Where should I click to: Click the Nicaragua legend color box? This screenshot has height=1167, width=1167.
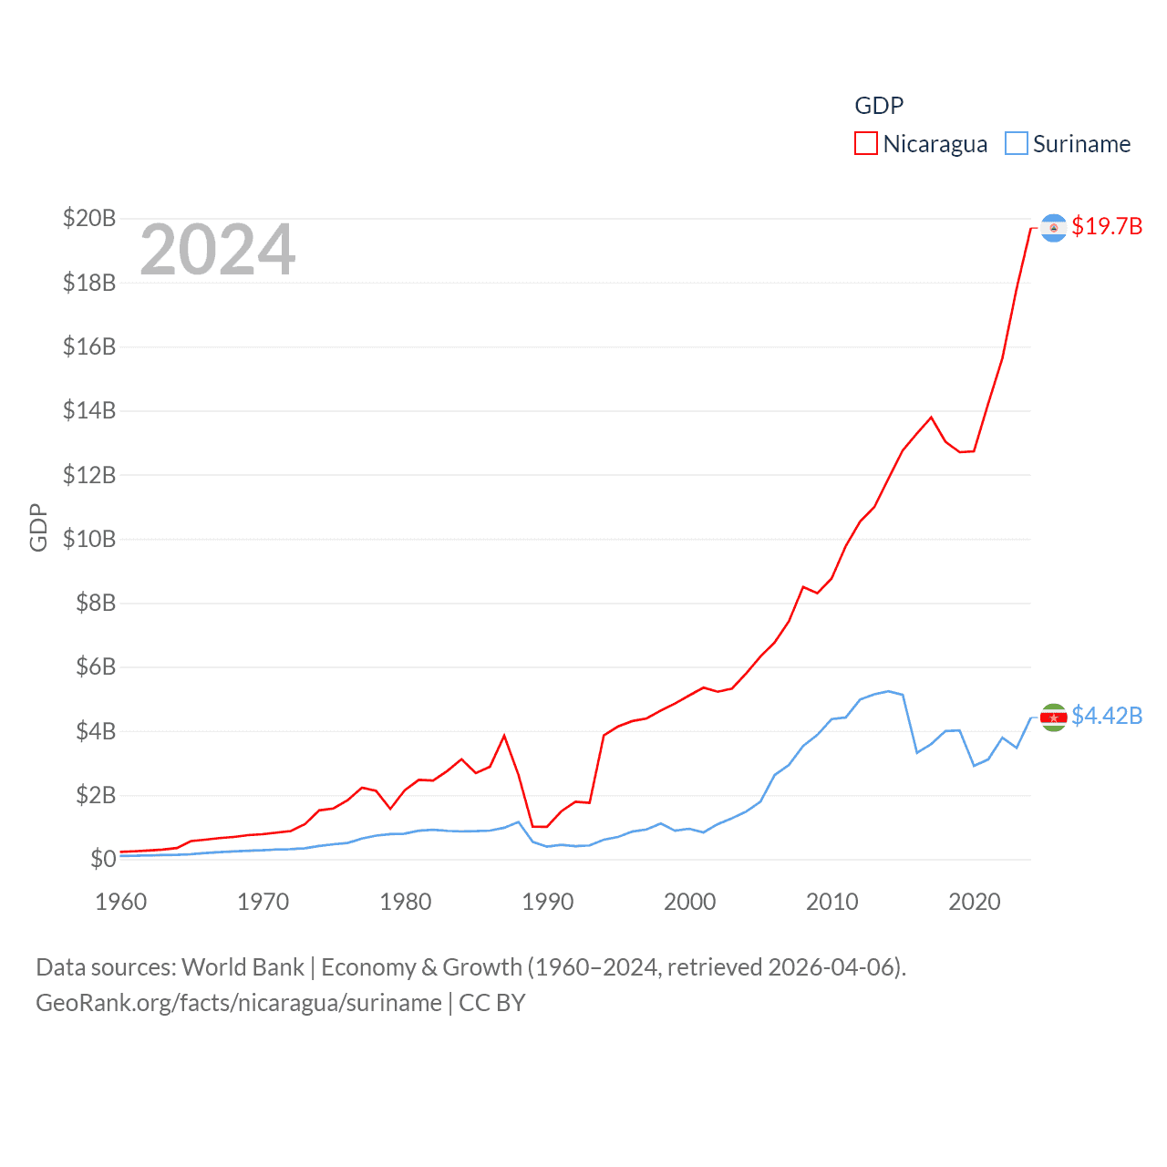point(865,144)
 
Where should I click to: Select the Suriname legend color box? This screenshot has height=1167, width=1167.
point(1016,144)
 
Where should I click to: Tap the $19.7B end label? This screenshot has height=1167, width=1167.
point(1107,226)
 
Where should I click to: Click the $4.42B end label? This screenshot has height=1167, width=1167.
point(1107,716)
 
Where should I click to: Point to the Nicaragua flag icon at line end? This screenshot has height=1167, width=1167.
point(1054,228)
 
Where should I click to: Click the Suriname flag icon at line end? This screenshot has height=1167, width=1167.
point(1054,718)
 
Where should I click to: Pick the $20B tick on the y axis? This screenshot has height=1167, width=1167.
point(89,218)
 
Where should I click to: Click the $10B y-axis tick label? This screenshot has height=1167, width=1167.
point(89,539)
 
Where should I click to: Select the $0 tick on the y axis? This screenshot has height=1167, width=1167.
point(103,859)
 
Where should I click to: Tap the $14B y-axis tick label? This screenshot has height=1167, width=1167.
point(89,410)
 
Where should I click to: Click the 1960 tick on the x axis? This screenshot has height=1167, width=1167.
point(121,902)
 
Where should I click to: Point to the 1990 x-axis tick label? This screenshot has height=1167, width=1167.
point(548,902)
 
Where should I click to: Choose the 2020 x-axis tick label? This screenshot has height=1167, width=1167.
point(975,902)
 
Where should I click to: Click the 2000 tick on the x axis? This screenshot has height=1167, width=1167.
point(690,902)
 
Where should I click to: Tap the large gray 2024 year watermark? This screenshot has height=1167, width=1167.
point(218,250)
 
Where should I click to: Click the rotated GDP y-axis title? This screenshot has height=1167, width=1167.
point(38,527)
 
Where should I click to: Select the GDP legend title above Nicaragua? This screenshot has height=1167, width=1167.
point(879,106)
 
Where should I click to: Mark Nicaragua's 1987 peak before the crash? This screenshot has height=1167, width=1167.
point(504,736)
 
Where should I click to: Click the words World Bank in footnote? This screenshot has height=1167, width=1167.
point(243,966)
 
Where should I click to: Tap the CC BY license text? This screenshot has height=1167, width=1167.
point(492,1003)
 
